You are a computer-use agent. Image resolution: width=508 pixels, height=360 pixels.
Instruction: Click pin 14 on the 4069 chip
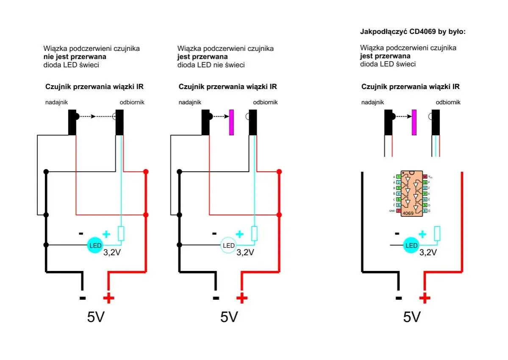[425, 176]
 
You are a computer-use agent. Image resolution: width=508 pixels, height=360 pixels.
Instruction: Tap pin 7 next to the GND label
[398, 211]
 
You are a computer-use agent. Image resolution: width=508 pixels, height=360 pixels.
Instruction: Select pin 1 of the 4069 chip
[398, 176]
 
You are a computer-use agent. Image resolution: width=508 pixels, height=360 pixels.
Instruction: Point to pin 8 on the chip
[425, 211]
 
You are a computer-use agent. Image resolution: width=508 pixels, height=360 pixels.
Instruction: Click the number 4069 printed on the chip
[408, 213]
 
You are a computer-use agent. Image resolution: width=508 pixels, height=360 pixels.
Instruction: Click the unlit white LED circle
[229, 246]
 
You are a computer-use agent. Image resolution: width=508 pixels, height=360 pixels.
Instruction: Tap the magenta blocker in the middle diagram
[231, 122]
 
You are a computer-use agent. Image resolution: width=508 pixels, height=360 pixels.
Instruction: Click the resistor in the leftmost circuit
[121, 234]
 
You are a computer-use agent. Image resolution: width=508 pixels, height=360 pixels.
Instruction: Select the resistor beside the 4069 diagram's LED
[437, 234]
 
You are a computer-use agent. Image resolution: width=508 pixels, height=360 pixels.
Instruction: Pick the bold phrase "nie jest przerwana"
[75, 56]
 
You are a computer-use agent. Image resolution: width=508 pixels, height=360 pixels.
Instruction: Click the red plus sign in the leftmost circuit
[108, 298]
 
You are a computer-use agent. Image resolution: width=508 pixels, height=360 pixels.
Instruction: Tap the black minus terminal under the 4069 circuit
[398, 298]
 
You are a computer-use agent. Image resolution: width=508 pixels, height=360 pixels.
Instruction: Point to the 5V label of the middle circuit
[229, 317]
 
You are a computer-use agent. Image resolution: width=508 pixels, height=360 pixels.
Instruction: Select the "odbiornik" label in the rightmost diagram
[448, 102]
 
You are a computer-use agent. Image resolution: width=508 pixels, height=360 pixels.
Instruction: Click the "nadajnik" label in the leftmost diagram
[57, 102]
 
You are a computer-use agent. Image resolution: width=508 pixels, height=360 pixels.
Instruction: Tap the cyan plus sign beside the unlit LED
[239, 234]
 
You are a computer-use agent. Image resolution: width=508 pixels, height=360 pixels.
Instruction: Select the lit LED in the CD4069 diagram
[411, 246]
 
